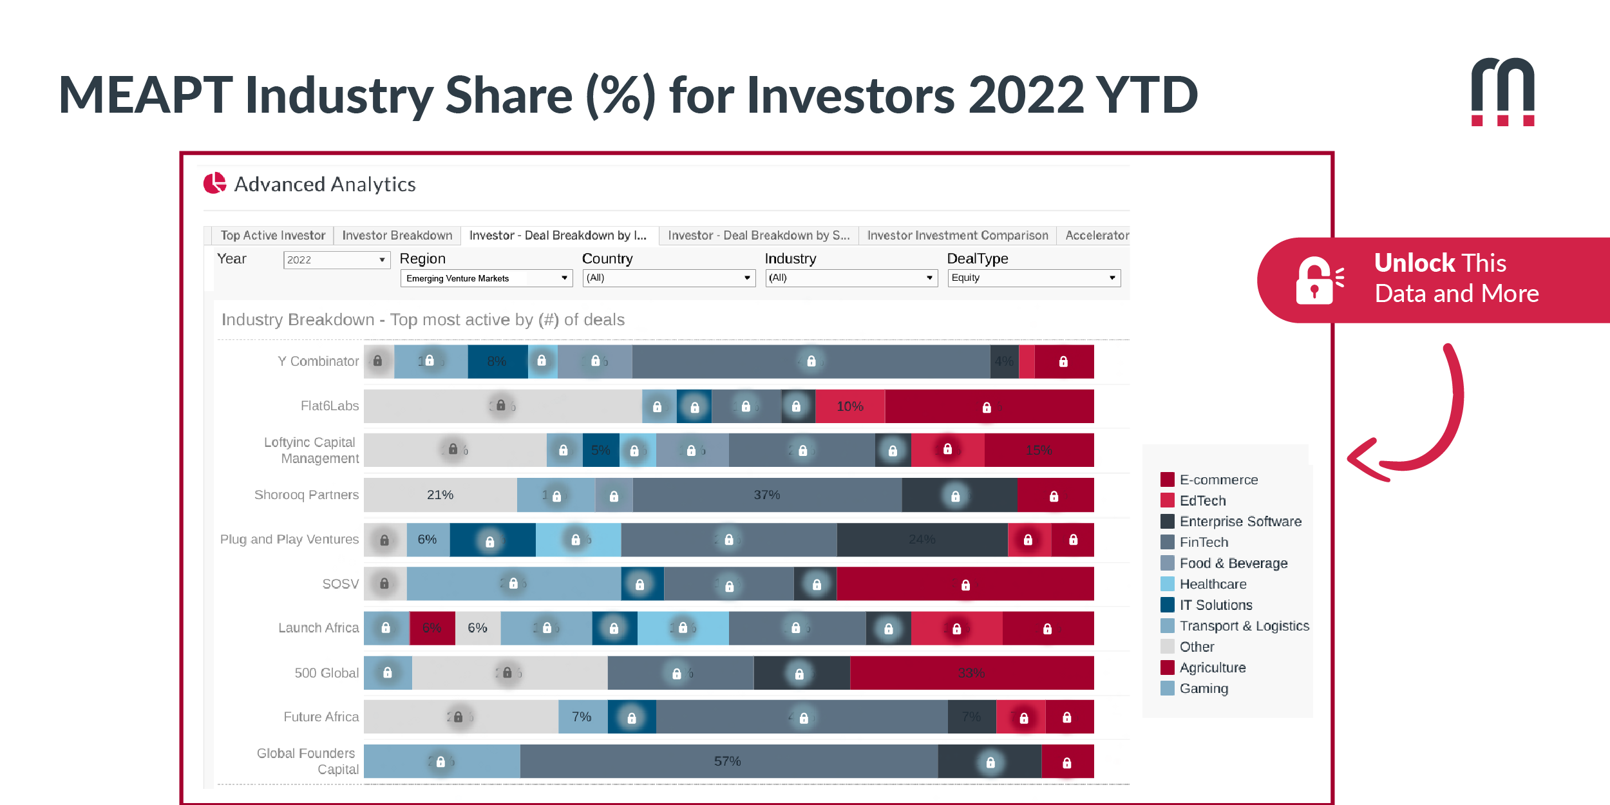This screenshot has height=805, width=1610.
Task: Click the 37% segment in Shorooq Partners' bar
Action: [x=766, y=495]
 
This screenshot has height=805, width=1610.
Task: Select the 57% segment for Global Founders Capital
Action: [x=728, y=761]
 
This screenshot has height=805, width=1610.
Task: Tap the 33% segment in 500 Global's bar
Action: [x=971, y=673]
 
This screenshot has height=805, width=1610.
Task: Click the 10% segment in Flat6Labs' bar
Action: [x=849, y=406]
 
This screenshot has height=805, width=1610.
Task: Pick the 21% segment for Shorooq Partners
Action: [x=440, y=495]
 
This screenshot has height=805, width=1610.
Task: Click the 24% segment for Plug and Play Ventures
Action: [x=922, y=540]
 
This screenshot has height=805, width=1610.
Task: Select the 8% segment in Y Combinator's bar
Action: [x=497, y=361]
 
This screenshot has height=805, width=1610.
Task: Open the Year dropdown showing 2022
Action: [x=336, y=260]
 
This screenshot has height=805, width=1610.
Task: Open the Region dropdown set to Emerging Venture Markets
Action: [x=486, y=278]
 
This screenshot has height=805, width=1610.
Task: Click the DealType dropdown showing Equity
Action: [x=1033, y=278]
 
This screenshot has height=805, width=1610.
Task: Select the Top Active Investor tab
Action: [x=272, y=236]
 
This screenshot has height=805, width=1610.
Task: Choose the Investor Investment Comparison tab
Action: [x=957, y=236]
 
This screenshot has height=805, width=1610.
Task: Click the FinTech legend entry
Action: [x=1203, y=542]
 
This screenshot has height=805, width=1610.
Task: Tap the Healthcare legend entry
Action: [x=1212, y=584]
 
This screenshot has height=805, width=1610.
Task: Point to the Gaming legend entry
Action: [x=1203, y=688]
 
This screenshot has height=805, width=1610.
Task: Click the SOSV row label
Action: [x=340, y=584]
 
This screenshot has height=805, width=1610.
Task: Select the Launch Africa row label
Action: [x=318, y=628]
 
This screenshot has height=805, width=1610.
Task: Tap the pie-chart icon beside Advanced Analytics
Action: [x=214, y=184]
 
